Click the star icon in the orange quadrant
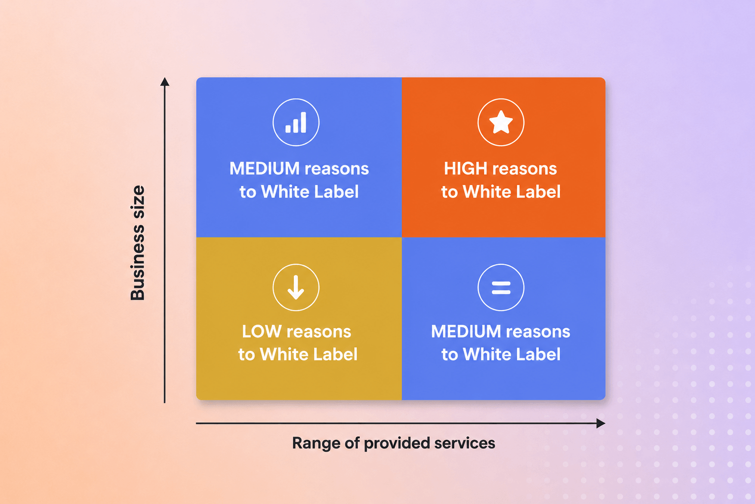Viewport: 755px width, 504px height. click(501, 122)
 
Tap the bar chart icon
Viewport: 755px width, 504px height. click(295, 122)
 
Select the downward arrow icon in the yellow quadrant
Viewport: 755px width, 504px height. click(296, 287)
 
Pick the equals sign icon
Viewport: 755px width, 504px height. click(501, 287)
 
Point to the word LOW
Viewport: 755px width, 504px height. click(261, 332)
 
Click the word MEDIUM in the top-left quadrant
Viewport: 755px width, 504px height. click(264, 168)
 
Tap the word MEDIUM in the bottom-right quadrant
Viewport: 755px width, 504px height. click(466, 332)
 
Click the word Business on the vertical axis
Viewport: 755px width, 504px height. click(138, 263)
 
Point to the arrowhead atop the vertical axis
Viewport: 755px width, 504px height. click(165, 81)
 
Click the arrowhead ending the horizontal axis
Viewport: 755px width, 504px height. click(601, 423)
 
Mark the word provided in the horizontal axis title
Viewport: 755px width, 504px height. click(397, 443)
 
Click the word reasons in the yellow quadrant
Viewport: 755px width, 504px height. click(319, 332)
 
